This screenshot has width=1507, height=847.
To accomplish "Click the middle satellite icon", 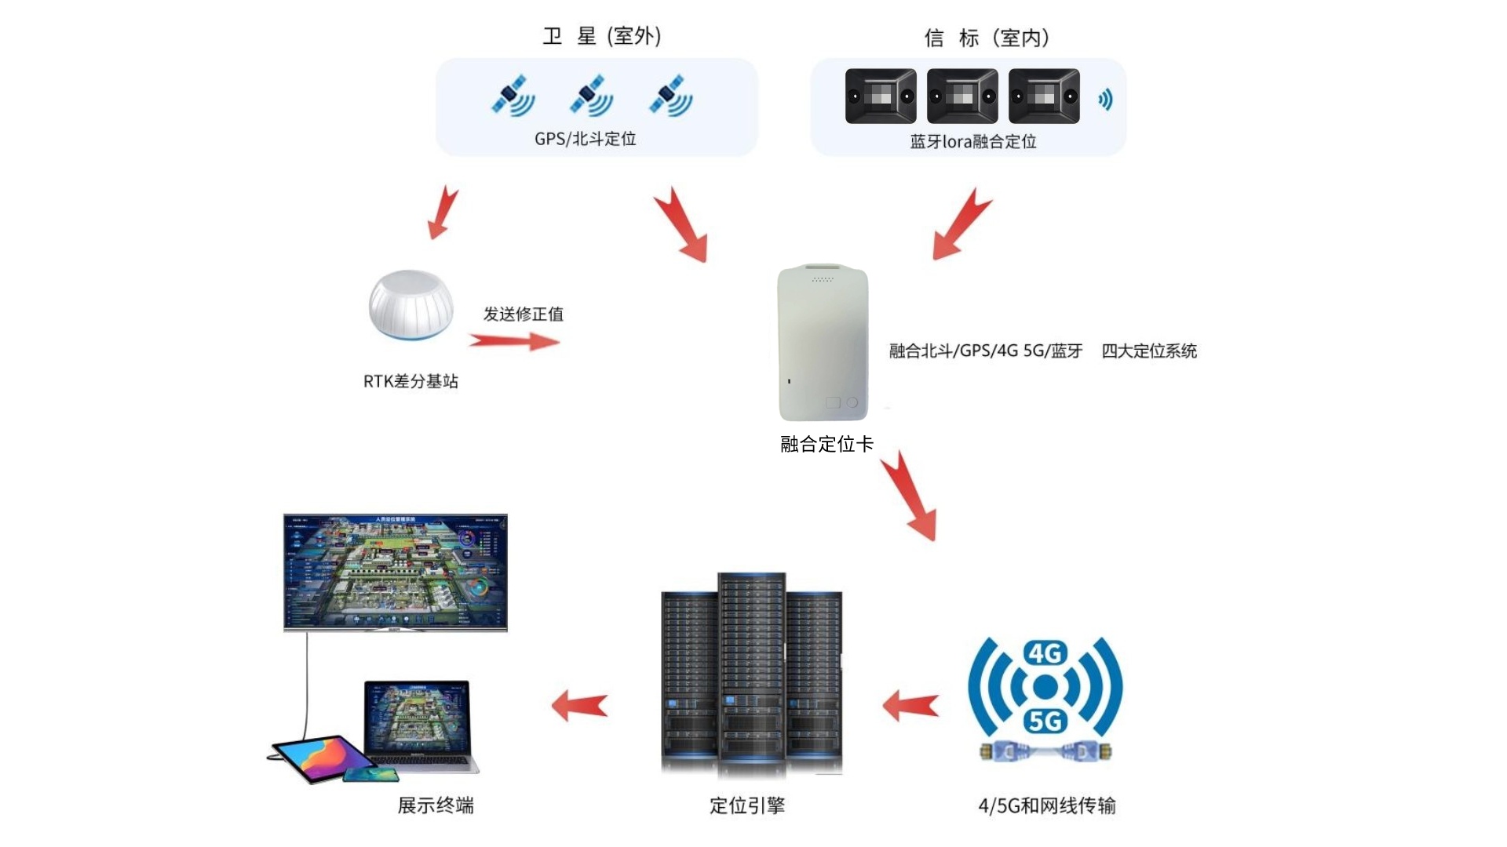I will tap(591, 96).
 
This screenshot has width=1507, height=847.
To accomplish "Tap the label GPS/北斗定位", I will tap(585, 139).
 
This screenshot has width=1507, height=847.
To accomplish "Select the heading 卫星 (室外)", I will tap(602, 36).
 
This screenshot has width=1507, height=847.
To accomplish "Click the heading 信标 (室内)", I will tap(987, 38).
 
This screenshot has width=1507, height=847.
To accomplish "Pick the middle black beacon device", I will tap(962, 96).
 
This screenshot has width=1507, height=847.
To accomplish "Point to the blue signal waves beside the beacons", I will tap(1105, 100).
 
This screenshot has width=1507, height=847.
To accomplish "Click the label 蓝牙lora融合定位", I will tap(973, 142).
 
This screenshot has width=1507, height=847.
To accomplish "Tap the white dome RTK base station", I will tap(411, 304).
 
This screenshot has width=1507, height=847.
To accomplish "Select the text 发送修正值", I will tap(523, 314).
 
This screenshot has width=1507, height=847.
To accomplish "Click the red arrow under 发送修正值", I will tap(514, 341).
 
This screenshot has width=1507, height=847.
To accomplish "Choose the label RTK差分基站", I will tap(411, 381).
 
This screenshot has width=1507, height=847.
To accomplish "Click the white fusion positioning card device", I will tap(823, 344).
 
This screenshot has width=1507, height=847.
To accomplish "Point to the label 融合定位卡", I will tap(826, 444).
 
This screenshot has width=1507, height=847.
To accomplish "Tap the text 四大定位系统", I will tap(1149, 351).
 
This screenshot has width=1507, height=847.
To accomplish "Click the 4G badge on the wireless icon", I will tap(1045, 653).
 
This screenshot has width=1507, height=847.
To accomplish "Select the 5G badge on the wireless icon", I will tap(1045, 720).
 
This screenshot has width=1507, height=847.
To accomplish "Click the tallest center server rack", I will tap(751, 667).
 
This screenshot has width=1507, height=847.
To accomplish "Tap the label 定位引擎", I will tap(747, 805).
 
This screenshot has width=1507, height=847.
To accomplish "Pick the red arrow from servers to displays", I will tap(580, 705).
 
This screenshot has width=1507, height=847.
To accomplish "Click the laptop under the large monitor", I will tap(419, 725).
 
